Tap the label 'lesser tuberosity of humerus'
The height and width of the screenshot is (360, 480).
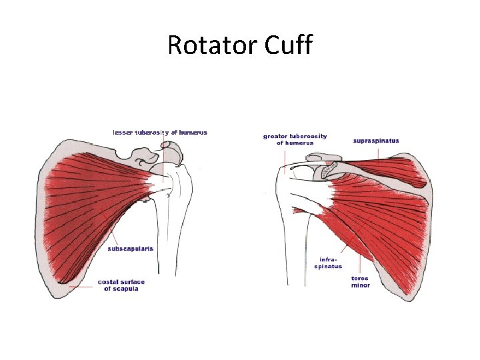coord(160,132)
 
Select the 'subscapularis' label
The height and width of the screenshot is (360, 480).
coord(131,249)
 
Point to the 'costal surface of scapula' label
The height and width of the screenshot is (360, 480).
coord(121,285)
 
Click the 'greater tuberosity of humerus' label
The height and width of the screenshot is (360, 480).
coord(295,139)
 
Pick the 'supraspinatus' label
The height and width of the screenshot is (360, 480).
coord(375,141)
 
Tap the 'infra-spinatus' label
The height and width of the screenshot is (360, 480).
coord(328,263)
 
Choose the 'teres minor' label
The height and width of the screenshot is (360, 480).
coord(361,282)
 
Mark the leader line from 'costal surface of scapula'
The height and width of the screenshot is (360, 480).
coord(83,287)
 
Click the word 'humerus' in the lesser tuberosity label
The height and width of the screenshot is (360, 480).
coord(194,132)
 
